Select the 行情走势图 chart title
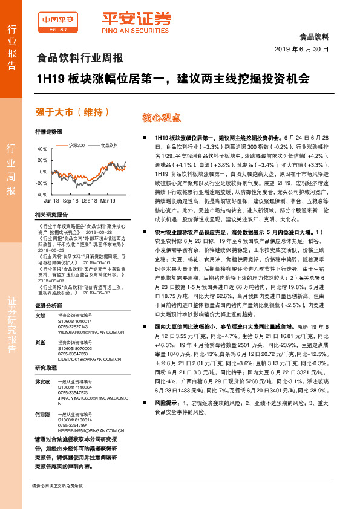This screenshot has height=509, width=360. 48,131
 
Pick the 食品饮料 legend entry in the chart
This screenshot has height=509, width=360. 109,145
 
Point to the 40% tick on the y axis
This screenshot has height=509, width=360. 42,149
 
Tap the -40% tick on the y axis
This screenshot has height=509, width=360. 41,195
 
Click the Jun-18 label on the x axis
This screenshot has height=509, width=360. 51,200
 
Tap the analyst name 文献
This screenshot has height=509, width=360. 41,315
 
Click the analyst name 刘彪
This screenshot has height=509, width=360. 41,342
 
